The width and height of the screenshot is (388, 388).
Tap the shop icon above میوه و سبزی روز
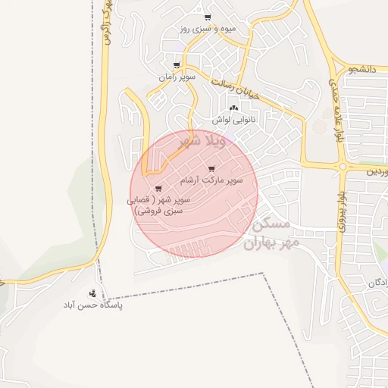coord(208,17)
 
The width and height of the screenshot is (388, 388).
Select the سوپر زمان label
coord(177,77)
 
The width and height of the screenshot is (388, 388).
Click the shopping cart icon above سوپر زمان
coord(177,65)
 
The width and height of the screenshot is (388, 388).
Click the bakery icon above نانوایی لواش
coord(233,109)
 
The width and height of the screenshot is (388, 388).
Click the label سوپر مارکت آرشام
coord(211,180)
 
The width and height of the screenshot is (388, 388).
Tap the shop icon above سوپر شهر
coord(158,188)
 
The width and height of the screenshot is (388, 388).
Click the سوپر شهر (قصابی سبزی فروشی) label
coord(161,206)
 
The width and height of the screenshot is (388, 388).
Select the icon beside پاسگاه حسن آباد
coord(92,293)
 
